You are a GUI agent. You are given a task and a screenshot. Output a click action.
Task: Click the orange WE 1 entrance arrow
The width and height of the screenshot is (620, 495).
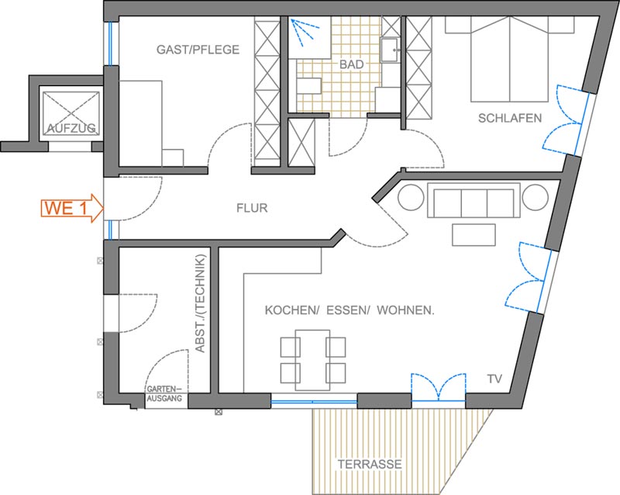point(72,208)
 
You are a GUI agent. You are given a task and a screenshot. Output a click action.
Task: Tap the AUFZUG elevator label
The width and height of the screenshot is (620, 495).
point(71,127)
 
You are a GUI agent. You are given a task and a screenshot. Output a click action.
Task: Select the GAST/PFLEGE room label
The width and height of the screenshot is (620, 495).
point(198,50)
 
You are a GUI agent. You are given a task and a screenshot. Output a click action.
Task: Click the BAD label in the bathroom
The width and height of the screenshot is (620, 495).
point(352,64)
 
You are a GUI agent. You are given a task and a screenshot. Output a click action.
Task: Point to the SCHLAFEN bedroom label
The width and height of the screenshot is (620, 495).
point(510,118)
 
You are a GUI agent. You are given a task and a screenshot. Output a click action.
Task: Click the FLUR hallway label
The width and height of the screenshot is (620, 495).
point(252,208)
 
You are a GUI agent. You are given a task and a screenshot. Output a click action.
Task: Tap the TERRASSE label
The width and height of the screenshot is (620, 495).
point(370,464)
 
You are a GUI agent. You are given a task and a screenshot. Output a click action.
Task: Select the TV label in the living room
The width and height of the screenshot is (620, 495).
point(494,379)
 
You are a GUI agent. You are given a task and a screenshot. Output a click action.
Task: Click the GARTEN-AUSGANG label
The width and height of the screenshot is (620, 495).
point(164,394)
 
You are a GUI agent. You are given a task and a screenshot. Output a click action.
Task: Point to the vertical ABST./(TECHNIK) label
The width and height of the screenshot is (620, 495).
point(201,303)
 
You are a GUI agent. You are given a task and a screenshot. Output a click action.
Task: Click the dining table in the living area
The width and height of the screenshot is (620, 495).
point(312,360)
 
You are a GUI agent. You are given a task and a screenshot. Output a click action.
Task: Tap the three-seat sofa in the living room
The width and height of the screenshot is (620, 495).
point(474,200)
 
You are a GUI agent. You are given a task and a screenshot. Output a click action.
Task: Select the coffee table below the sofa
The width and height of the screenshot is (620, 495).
point(474,235)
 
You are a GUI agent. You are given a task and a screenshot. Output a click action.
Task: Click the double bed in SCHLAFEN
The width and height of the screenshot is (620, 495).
point(510,60)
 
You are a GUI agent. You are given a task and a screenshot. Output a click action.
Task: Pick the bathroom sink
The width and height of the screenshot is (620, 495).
point(390,50)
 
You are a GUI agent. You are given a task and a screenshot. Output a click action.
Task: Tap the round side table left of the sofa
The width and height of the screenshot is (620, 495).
point(412,197)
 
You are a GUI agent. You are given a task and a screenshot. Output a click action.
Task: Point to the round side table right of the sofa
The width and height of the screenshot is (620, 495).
point(535,197)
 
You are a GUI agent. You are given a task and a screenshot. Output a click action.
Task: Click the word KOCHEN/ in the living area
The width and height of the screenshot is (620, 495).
point(292,310)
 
